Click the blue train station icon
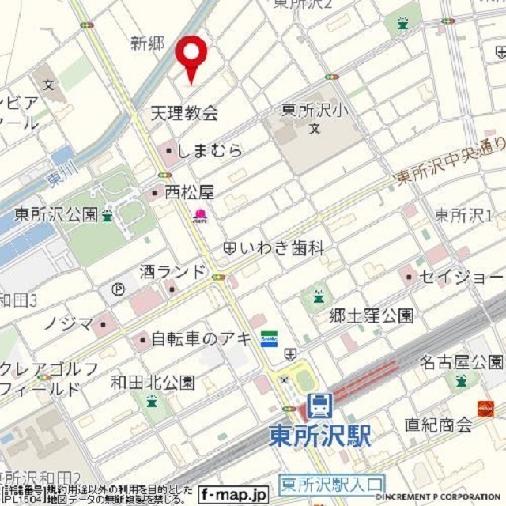click(319, 406)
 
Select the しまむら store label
click(211, 150)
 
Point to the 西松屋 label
click(189, 191)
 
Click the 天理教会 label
click(184, 114)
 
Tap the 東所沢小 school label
click(313, 111)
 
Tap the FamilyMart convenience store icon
click(269, 338)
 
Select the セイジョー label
click(461, 278)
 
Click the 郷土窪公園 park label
click(371, 315)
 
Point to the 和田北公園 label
click(153, 383)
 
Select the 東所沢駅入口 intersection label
click(331, 483)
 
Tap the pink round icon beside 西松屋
click(201, 214)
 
